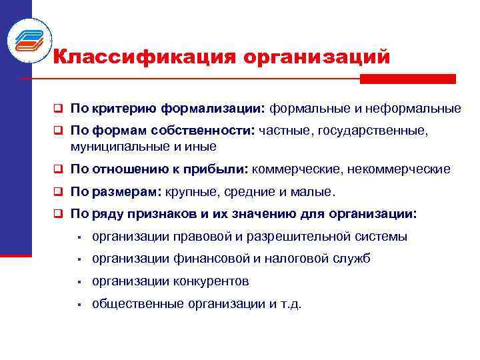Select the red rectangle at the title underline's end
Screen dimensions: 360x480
click(408, 79)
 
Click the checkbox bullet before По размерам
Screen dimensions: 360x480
click(59, 192)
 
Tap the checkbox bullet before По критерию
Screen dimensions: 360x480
click(59, 108)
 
